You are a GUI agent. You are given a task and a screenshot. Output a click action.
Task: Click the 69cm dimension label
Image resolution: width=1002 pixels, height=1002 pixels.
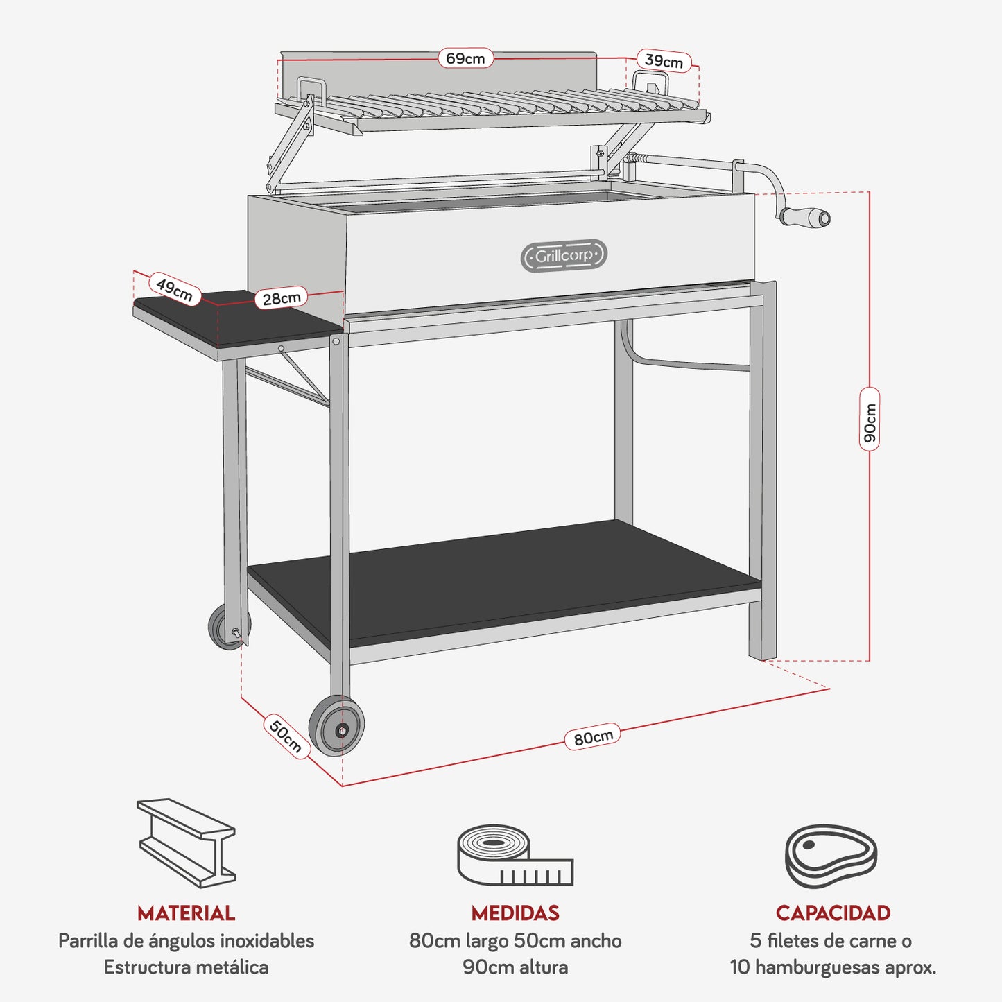point(465,58)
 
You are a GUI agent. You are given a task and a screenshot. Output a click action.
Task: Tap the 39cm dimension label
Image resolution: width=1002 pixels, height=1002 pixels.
point(664,61)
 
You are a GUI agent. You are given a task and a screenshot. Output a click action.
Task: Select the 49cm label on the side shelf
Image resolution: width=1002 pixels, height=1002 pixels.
point(174,289)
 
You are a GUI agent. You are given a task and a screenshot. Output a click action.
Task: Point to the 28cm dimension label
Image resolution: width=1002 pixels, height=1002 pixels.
point(282,298)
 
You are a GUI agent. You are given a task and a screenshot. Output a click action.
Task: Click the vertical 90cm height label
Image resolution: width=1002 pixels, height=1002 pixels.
point(870,423)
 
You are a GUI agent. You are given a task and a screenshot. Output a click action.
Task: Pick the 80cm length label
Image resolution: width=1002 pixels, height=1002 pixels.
point(594,737)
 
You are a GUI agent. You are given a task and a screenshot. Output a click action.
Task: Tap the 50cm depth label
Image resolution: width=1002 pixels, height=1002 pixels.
point(286,736)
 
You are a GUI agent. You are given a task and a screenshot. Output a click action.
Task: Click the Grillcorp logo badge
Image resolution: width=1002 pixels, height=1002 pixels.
point(564,256)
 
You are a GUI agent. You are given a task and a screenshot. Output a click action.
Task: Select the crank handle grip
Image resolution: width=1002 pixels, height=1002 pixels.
point(804,217)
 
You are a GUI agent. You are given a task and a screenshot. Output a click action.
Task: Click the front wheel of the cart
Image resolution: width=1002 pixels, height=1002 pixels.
point(337,726)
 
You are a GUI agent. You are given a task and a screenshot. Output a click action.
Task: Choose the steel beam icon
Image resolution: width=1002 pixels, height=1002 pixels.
point(186,842)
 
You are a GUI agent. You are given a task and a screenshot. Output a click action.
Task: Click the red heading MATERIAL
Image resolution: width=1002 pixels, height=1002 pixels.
point(186,913)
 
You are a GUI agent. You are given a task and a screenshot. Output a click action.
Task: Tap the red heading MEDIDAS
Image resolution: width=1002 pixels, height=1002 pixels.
point(515,913)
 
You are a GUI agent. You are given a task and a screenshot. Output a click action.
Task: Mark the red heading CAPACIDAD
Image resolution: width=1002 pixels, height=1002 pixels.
point(833,913)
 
